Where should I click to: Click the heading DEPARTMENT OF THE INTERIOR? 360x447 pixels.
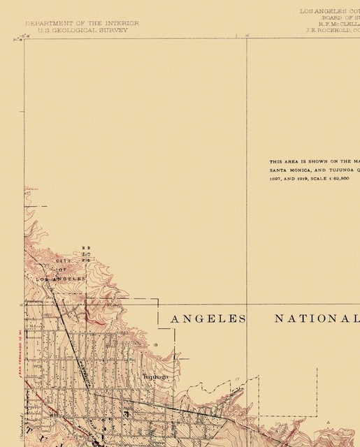tap(82, 23)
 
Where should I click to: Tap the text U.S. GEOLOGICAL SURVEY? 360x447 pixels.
tap(82, 30)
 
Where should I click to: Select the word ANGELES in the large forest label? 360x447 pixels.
tap(208, 318)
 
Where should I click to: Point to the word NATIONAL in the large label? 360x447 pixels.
tap(316, 318)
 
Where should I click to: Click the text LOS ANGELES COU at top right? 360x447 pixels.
tap(329, 12)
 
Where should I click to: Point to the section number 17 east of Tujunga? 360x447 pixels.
tap(238, 379)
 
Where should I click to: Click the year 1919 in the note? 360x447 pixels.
tap(305, 179)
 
